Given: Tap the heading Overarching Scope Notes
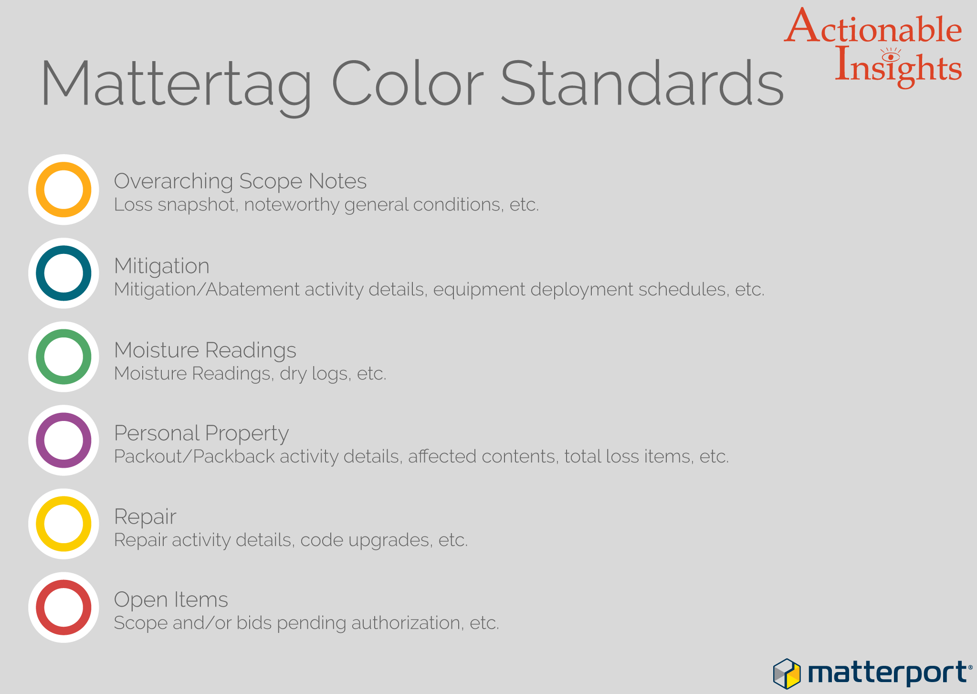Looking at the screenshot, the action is (240, 181).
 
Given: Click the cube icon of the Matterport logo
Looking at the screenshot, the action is (787, 673).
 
